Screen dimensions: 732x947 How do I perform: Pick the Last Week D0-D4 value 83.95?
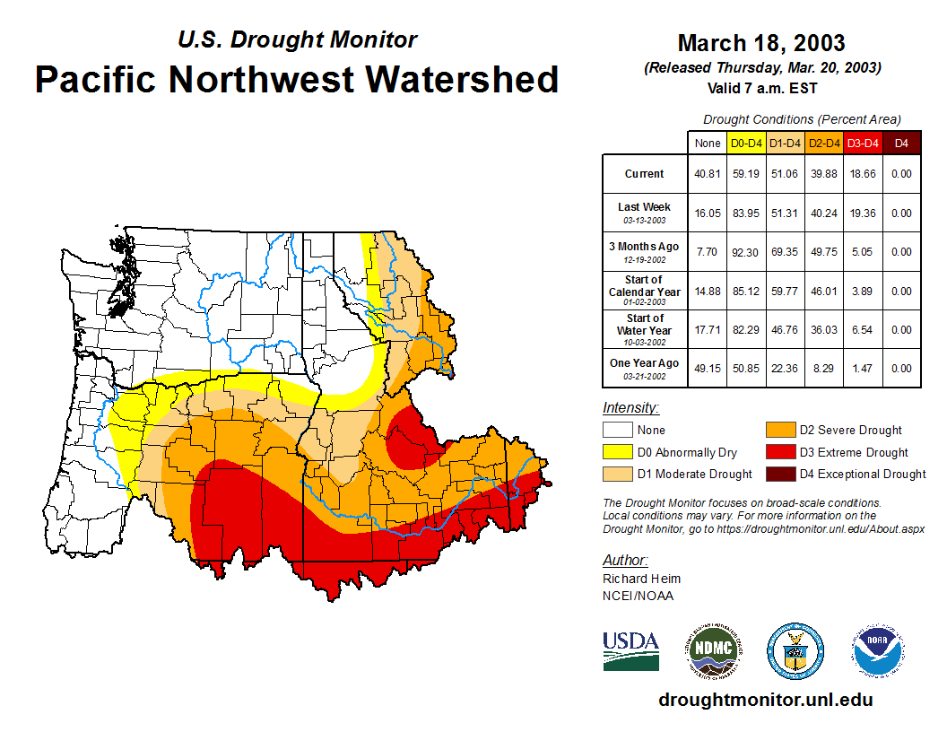(746, 213)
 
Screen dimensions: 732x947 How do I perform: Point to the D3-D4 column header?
(863, 143)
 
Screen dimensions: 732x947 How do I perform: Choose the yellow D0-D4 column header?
(746, 143)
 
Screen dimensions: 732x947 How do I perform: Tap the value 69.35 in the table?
(786, 252)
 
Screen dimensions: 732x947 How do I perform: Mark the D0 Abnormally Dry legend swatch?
(617, 452)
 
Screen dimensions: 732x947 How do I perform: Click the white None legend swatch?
(617, 431)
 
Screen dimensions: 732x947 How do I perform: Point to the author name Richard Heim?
(641, 579)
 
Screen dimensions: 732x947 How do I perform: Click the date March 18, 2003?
(761, 43)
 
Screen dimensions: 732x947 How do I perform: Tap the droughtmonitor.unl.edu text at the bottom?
(765, 700)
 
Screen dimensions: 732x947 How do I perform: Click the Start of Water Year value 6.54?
(863, 330)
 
